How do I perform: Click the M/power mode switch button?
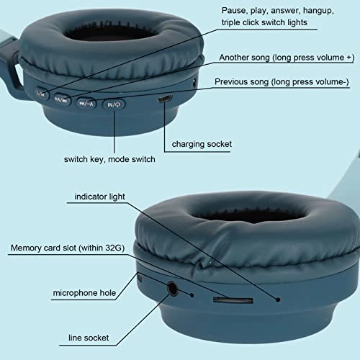click(x=114, y=104)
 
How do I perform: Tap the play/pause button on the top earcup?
click(x=42, y=94)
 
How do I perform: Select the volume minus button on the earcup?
click(x=86, y=104)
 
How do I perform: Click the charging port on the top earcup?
click(x=165, y=99)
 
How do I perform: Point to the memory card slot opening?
click(x=233, y=300)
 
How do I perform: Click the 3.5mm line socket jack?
click(x=172, y=289)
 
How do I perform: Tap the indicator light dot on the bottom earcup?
click(x=278, y=300)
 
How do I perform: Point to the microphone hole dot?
click(x=192, y=295)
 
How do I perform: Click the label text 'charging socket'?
click(x=202, y=144)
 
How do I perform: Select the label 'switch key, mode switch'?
click(x=109, y=159)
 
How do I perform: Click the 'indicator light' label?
click(x=99, y=197)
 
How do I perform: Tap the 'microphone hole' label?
click(x=84, y=293)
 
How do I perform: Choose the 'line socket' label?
click(x=89, y=338)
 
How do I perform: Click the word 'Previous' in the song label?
click(x=231, y=82)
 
